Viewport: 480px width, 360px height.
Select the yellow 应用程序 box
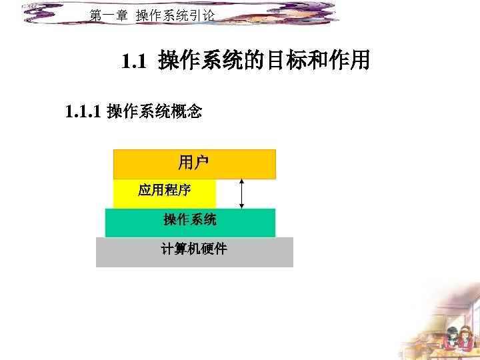click(165, 194)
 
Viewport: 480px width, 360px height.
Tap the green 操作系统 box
click(190, 223)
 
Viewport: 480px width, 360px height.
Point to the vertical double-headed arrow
click(241, 193)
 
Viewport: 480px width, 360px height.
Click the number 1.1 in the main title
click(133, 62)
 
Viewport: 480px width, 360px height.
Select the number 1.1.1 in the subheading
click(83, 111)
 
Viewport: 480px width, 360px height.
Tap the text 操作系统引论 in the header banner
click(175, 15)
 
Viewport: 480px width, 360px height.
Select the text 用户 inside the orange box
click(193, 161)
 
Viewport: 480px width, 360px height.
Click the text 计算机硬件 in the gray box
click(193, 249)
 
